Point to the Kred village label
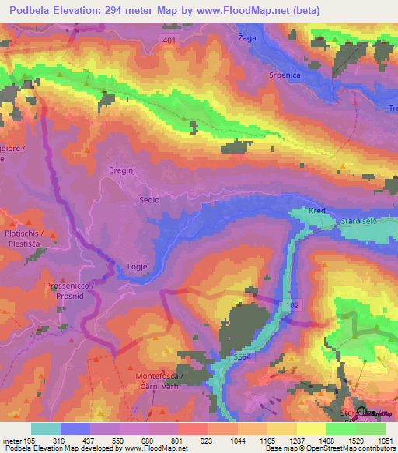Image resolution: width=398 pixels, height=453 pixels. pos(316,212)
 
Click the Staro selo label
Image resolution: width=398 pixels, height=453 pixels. pos(358,223)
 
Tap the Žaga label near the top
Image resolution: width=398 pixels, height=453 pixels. pos(246,37)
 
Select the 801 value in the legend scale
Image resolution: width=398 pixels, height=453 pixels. pos(178,440)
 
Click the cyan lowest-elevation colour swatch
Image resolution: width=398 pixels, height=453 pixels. pos(46,429)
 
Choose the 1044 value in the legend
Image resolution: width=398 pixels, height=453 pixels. pos(238,440)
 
